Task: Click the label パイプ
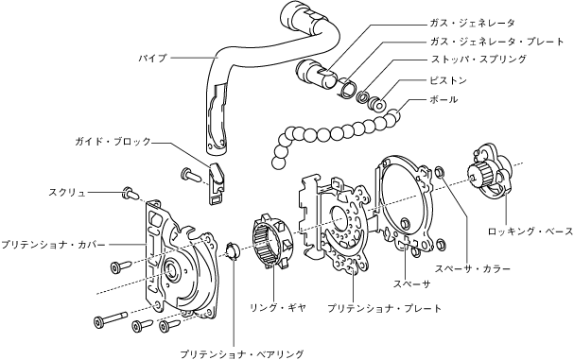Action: tap(152, 59)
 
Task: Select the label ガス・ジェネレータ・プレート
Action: tap(497, 42)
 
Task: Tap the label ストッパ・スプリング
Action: tap(478, 59)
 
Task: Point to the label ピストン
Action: tap(448, 80)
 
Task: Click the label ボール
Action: tap(444, 99)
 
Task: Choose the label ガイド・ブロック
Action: tap(113, 142)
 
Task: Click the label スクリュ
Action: tap(67, 193)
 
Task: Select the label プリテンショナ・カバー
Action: tap(53, 245)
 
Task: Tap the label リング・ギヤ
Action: tap(277, 308)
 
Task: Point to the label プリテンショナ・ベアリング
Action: tap(242, 353)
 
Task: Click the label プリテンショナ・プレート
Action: tap(385, 308)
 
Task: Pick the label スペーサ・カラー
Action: tap(473, 269)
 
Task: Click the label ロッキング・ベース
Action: tap(531, 231)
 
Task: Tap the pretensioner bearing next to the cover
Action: tap(233, 251)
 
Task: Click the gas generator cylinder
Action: tap(316, 73)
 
